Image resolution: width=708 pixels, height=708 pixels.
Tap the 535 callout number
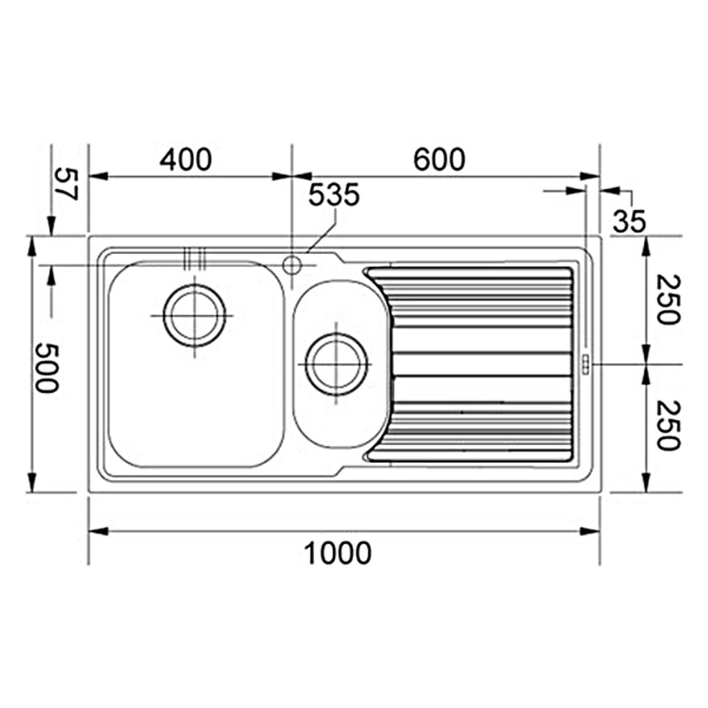(334, 195)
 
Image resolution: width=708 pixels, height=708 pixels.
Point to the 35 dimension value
(630, 221)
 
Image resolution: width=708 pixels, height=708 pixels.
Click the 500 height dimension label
(47, 367)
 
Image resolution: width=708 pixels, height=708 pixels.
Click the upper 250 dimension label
(668, 300)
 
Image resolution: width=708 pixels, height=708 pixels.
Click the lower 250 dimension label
(668, 425)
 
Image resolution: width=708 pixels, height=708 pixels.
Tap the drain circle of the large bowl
(194, 315)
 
